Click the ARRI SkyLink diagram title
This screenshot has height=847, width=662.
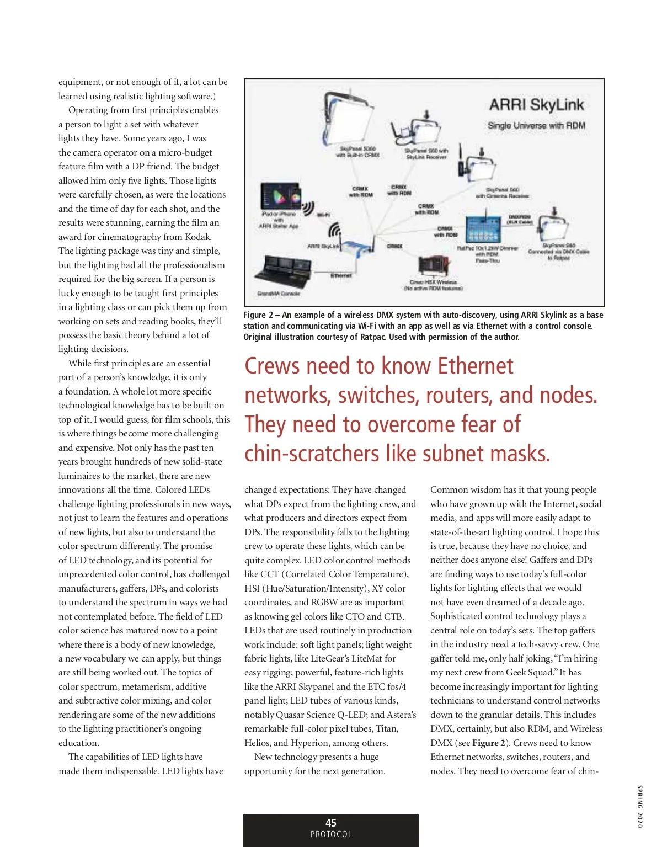(x=536, y=105)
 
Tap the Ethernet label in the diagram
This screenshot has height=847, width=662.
(x=340, y=275)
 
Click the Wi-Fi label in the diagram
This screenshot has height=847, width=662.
(x=323, y=215)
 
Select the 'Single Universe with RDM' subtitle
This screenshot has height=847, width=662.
(x=536, y=126)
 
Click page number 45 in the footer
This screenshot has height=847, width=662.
(x=331, y=823)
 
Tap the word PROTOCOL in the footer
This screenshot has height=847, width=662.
(x=331, y=834)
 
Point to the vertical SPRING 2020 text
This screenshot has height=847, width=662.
(x=640, y=806)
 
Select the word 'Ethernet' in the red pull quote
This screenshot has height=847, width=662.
(x=475, y=366)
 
